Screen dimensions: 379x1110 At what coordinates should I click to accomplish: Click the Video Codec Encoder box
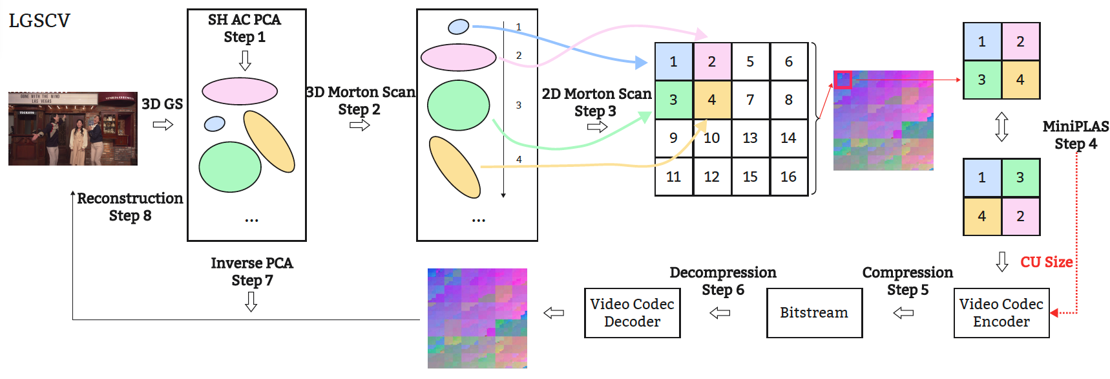(x=1001, y=313)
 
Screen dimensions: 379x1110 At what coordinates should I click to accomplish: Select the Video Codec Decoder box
(x=632, y=313)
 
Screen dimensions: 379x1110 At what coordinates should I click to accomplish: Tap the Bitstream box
(x=814, y=313)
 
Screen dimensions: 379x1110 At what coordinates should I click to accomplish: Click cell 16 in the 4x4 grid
(x=788, y=177)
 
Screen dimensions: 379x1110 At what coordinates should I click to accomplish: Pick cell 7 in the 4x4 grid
(x=750, y=100)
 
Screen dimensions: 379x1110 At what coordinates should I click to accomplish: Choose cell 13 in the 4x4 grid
(x=750, y=138)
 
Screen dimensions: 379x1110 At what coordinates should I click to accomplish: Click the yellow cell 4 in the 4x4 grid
(x=712, y=100)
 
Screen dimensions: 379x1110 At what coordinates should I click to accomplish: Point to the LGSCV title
(x=39, y=21)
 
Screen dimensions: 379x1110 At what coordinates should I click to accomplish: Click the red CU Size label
(x=1047, y=262)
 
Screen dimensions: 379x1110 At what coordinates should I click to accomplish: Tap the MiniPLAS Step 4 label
(x=1075, y=135)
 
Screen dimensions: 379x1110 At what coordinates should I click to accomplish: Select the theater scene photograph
(x=73, y=128)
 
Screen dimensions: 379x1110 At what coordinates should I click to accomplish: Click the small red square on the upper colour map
(x=843, y=80)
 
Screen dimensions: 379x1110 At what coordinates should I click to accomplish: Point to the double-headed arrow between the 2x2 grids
(x=1001, y=127)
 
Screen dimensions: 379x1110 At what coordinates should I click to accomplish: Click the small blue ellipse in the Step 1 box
(x=215, y=124)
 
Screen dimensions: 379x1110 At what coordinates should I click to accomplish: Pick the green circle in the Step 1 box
(x=230, y=167)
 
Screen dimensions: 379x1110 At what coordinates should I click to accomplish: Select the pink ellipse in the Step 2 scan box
(x=458, y=57)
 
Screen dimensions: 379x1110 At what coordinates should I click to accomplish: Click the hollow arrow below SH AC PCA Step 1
(x=245, y=60)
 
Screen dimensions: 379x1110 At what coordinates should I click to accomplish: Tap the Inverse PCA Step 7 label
(x=252, y=272)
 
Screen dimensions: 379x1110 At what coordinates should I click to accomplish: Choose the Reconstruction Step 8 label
(x=130, y=207)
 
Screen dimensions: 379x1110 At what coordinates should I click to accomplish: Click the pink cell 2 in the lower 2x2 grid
(x=1020, y=216)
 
